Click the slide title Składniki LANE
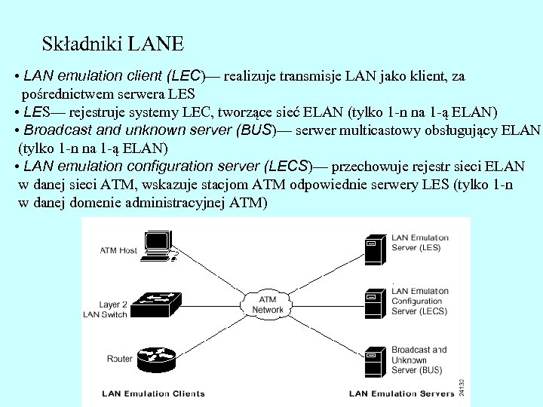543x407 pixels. [x=113, y=43]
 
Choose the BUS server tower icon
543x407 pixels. [x=371, y=361]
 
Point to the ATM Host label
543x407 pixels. [x=119, y=250]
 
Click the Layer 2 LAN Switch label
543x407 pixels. [x=105, y=308]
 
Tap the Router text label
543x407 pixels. [x=120, y=359]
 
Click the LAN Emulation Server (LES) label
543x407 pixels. [x=419, y=243]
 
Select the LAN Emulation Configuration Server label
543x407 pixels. [x=419, y=301]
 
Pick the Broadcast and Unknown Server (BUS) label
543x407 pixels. [x=419, y=360]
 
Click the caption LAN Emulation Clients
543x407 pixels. [x=153, y=393]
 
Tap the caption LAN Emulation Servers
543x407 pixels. [x=400, y=393]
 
